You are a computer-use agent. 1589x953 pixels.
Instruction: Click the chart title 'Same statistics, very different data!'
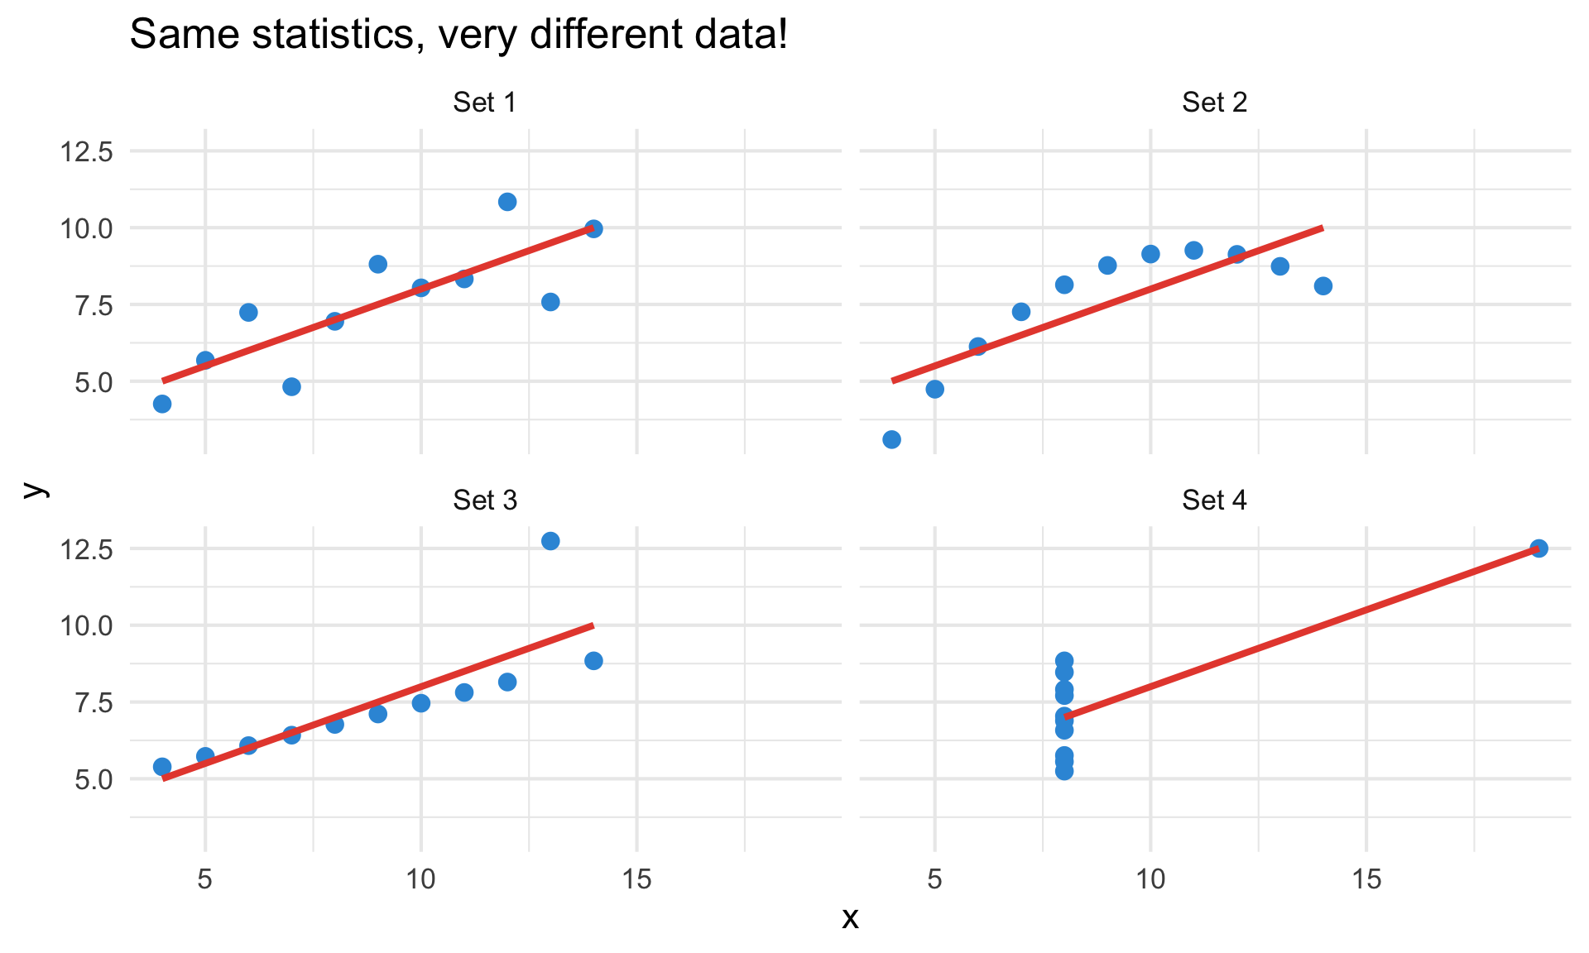coord(458,35)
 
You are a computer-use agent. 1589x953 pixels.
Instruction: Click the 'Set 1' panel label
coord(485,103)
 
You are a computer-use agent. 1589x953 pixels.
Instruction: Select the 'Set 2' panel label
coord(1214,103)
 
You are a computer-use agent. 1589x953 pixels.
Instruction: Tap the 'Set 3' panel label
coord(485,500)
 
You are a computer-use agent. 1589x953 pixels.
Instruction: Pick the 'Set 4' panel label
coord(1214,500)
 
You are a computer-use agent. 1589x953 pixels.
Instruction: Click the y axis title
coord(33,490)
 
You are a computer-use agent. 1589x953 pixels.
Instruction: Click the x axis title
coord(850,918)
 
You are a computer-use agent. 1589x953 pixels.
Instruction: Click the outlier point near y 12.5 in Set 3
coord(550,541)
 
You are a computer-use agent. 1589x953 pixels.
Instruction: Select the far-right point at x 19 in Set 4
coord(1539,548)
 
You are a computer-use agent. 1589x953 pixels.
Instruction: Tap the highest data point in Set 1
coord(507,202)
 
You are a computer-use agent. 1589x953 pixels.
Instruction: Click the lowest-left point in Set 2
coord(891,439)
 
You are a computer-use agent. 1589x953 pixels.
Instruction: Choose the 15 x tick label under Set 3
coord(636,880)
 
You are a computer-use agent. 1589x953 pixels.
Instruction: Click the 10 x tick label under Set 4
coord(1150,880)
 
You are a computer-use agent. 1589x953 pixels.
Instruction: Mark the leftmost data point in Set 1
coord(162,404)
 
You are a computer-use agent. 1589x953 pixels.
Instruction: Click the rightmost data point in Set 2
coord(1323,286)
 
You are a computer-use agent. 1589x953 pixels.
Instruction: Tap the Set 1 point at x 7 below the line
coord(291,386)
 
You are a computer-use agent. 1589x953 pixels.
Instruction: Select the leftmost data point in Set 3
coord(162,767)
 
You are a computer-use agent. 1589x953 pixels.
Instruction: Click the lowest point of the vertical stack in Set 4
coord(1064,771)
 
